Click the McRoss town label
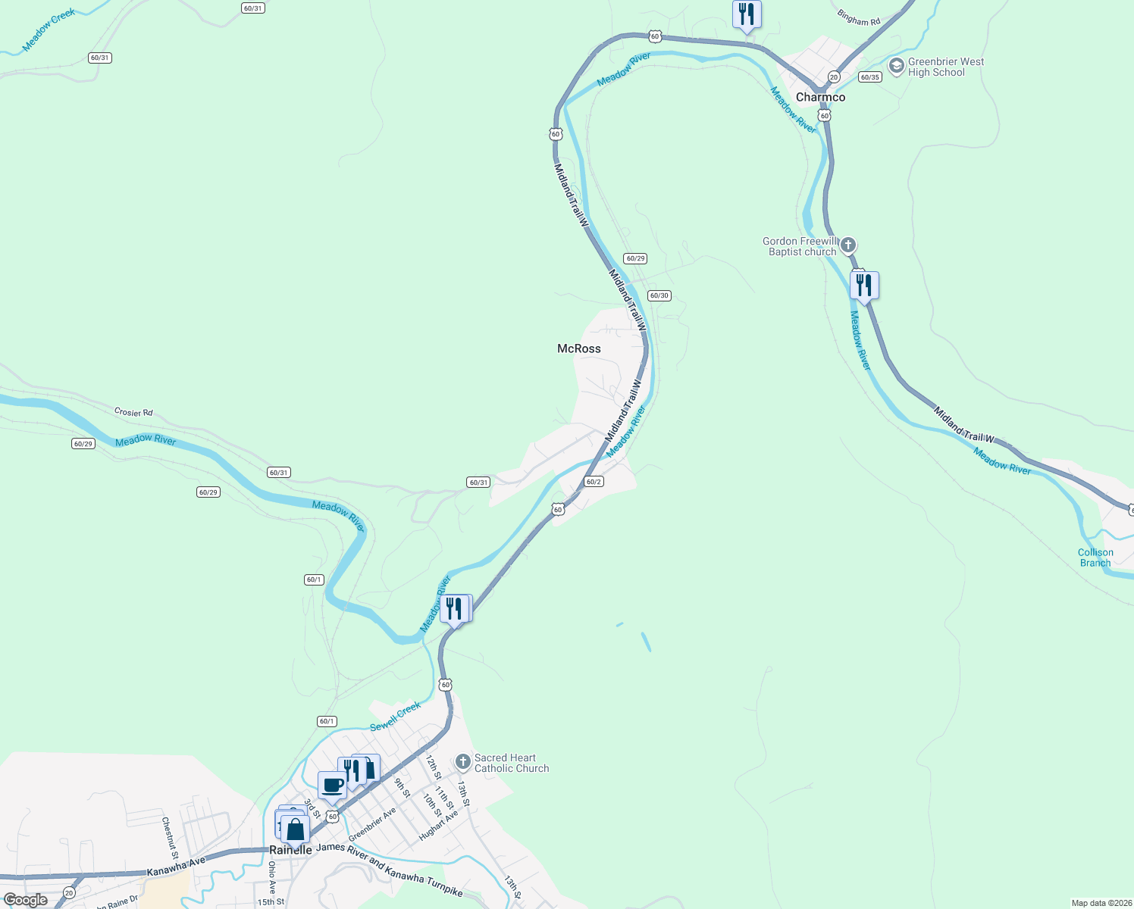pos(578,348)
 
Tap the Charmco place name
pos(820,97)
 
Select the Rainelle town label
pos(290,850)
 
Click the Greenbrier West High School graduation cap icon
pos(897,67)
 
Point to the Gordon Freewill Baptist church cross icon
pos(848,245)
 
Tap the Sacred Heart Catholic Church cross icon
pos(463,761)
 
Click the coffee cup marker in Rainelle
pos(332,785)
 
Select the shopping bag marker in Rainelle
pos(295,829)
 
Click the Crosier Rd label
pos(133,412)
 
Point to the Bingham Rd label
pos(859,17)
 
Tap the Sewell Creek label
pos(395,717)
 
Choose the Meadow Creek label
pos(49,30)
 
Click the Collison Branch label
pos(1095,558)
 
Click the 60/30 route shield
pos(659,295)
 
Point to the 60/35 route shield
pos(869,77)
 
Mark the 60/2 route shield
pos(594,482)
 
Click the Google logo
pos(26,900)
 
